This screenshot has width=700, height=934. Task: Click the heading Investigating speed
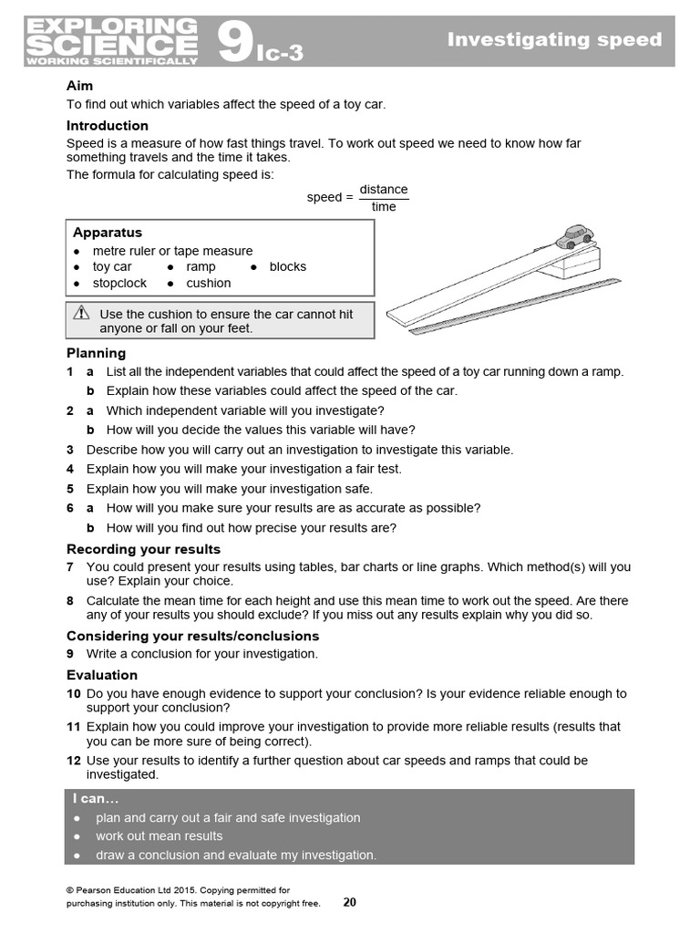click(554, 39)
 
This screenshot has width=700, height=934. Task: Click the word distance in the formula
click(384, 190)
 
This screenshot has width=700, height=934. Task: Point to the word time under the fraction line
click(384, 207)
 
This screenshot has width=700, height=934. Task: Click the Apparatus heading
click(107, 233)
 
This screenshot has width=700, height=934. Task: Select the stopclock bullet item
click(119, 283)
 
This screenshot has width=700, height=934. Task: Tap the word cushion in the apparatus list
click(209, 283)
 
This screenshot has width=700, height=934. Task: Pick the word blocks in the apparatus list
click(287, 266)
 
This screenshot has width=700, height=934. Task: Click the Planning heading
click(96, 353)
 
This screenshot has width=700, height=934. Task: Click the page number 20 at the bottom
click(350, 902)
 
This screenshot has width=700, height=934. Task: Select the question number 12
click(74, 760)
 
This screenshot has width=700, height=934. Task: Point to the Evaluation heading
click(102, 675)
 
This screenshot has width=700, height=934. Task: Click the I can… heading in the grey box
click(96, 798)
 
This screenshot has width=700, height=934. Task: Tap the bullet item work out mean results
click(159, 835)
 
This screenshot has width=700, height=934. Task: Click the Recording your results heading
click(143, 549)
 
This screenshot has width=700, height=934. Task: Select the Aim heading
click(80, 86)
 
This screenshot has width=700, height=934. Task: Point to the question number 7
click(70, 566)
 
